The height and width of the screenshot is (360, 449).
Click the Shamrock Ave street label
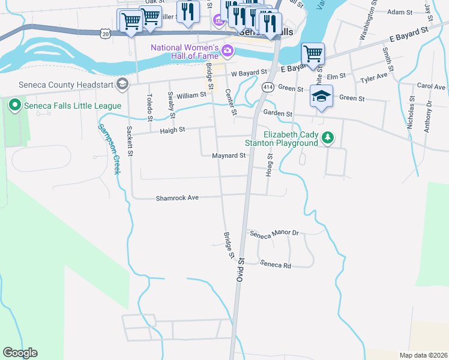tap(177, 197)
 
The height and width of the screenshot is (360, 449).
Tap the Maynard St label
tap(229, 155)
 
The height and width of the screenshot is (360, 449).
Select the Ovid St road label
tap(240, 271)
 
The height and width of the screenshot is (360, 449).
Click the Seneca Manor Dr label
tap(274, 233)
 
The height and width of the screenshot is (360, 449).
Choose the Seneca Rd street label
tap(276, 264)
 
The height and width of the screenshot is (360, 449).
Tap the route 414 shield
tap(267, 88)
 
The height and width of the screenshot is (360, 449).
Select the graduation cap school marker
tap(322, 96)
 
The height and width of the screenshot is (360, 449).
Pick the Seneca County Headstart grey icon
tap(123, 84)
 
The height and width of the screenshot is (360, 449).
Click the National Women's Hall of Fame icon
tap(228, 49)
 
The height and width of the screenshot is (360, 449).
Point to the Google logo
tap(20, 353)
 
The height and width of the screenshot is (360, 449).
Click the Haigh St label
tap(172, 130)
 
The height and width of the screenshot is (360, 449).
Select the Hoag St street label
tap(270, 163)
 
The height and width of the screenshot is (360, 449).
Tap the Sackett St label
tap(128, 141)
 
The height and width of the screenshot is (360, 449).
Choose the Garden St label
tap(278, 113)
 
